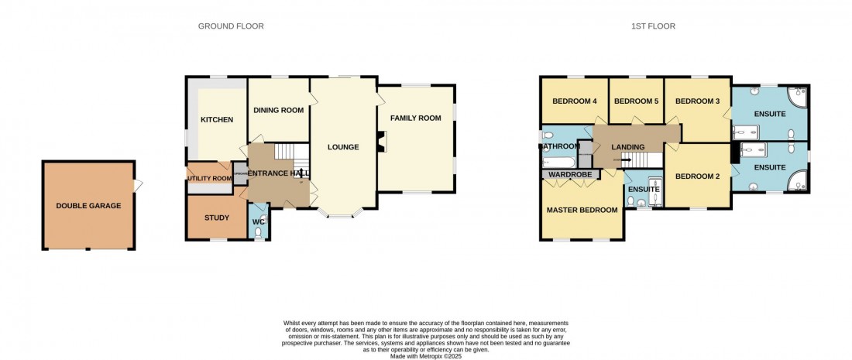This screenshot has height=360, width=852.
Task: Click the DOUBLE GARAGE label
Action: click(x=88, y=206)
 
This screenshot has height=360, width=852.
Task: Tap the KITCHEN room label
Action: click(x=217, y=120)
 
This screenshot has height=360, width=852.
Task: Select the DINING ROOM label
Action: click(x=278, y=110)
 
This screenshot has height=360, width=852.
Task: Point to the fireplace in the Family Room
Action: click(x=380, y=142)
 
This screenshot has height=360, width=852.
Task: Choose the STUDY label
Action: click(x=216, y=218)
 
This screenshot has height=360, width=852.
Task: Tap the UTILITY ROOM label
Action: click(x=209, y=178)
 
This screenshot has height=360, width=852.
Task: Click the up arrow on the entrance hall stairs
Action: click(x=301, y=174)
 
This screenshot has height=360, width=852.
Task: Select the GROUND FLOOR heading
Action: click(x=231, y=26)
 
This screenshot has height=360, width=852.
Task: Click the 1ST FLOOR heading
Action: click(x=652, y=26)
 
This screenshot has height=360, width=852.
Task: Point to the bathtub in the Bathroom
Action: click(x=558, y=162)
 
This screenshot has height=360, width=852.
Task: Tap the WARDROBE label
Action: click(x=570, y=175)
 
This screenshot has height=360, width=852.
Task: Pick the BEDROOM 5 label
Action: click(x=635, y=101)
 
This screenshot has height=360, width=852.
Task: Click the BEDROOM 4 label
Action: click(x=574, y=101)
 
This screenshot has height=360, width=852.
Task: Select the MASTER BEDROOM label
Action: click(x=582, y=210)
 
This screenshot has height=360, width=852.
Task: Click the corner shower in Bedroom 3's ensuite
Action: click(x=798, y=97)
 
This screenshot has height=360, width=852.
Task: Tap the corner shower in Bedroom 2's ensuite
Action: click(x=798, y=183)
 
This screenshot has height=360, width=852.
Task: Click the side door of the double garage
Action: click(x=138, y=186)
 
